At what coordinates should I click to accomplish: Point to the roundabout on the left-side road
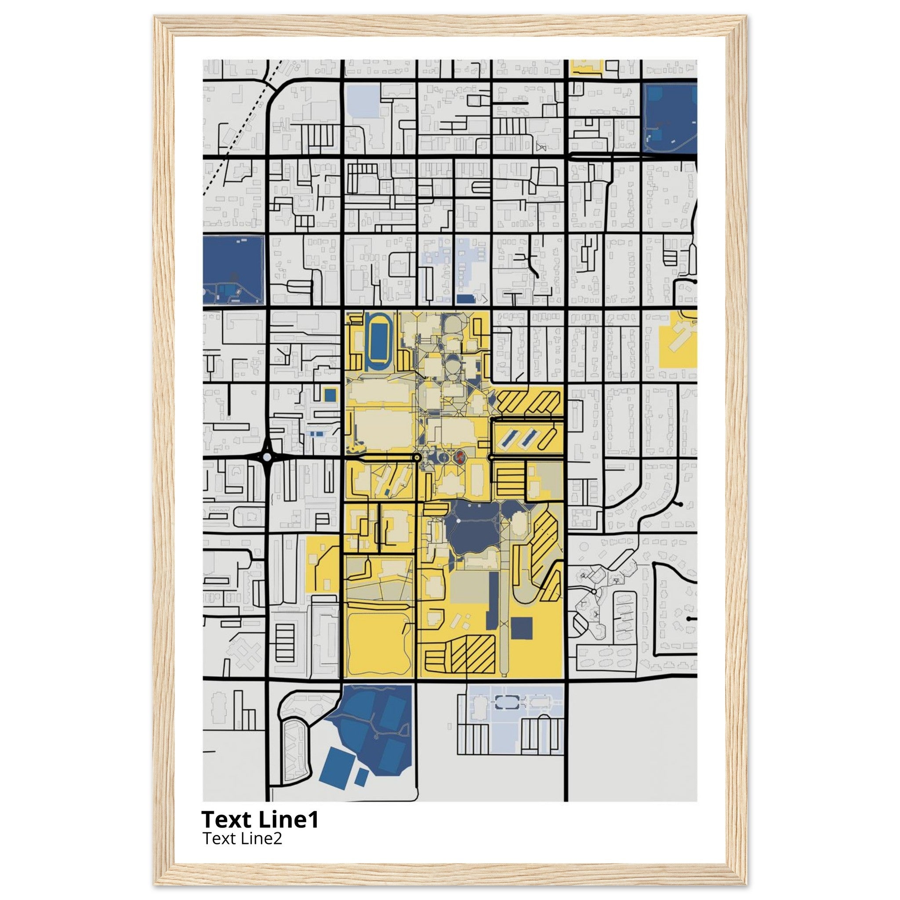(267, 457)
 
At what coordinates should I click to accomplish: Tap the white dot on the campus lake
(458, 520)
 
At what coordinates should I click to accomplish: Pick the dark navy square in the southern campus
(521, 628)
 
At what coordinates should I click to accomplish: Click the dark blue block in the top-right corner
(669, 117)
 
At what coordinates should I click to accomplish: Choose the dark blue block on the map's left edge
(233, 270)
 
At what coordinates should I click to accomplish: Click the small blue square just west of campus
(330, 395)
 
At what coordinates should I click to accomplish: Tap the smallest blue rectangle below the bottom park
(361, 777)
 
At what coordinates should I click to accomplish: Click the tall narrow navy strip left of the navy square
(492, 601)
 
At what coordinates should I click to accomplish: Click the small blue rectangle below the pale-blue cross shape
(465, 298)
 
